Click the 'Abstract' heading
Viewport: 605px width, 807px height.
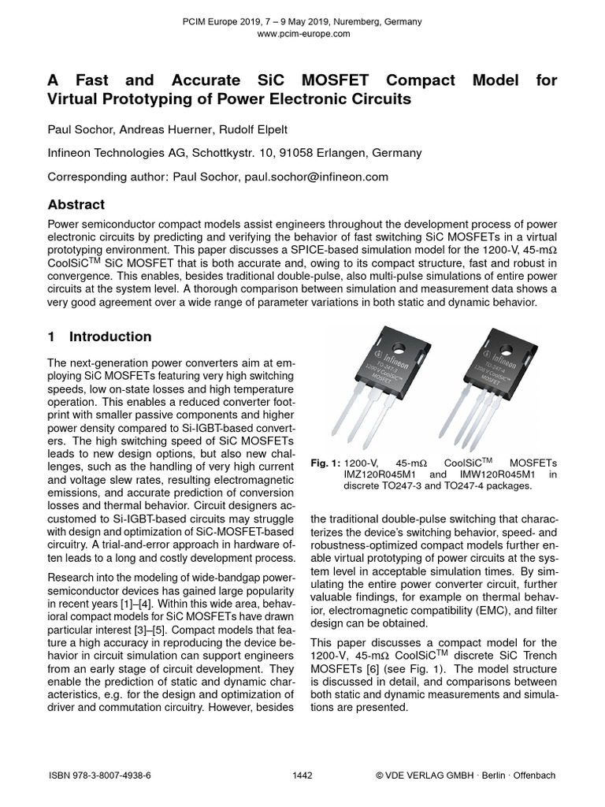click(x=76, y=204)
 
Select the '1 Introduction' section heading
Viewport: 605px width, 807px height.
click(x=99, y=337)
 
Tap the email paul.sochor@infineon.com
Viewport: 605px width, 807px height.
click(x=317, y=177)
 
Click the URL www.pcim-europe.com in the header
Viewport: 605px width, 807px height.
click(x=302, y=34)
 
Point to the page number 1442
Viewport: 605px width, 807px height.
click(x=302, y=775)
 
